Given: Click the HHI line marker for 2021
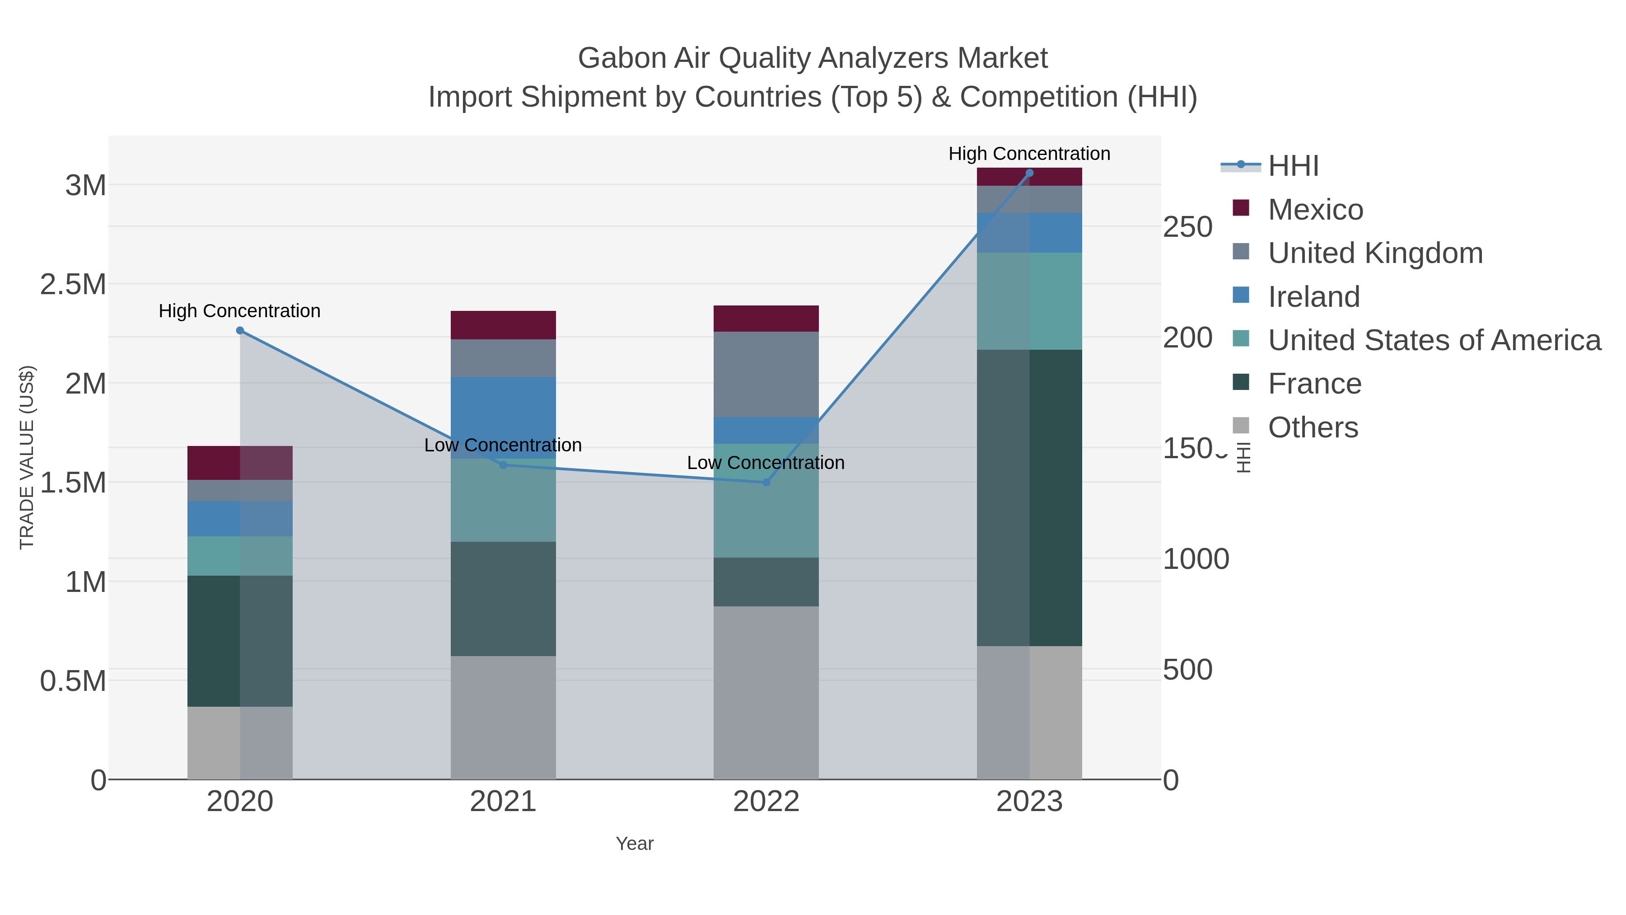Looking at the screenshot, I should pos(503,465).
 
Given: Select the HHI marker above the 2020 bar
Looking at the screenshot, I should pos(240,330).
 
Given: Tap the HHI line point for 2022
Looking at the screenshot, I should pos(766,483).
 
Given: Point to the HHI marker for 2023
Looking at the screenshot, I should pos(1029,173).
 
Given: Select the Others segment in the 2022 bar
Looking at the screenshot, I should pos(766,693).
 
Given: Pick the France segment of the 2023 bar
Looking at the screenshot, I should pos(1029,497).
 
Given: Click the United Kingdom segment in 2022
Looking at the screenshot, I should pos(766,375).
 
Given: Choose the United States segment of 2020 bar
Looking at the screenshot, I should pos(240,556).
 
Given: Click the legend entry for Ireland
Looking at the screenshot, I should pos(1313,296).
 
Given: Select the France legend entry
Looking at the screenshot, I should pos(1314,383).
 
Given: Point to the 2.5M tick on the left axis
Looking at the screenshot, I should pos(73,284).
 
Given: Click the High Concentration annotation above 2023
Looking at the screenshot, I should pos(1029,154).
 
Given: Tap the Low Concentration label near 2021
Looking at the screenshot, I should pos(503,445).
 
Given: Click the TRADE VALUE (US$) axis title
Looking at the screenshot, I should pos(27,457).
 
